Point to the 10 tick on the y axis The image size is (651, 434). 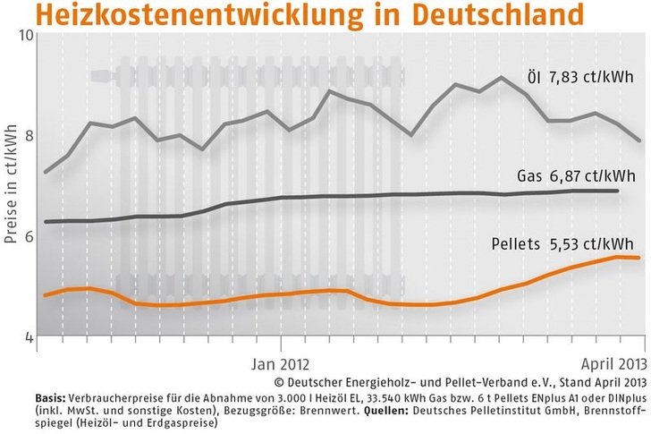coord(24,35)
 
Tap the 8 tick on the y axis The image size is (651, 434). coord(27,136)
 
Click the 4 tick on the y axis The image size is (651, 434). coord(27,337)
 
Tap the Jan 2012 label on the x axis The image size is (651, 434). coord(281,364)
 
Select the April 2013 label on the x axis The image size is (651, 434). coord(609,364)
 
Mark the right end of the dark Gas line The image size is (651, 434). coord(618,191)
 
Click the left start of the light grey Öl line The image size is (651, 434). coord(45,172)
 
